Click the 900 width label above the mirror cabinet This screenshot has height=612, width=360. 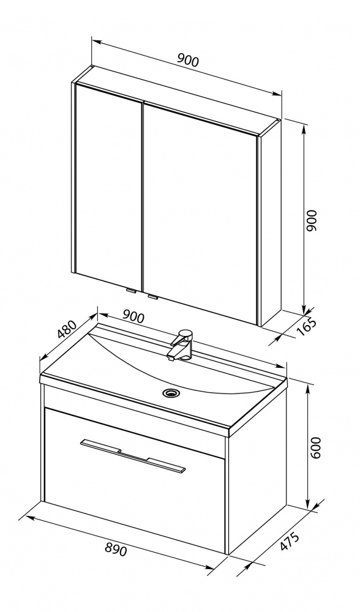pos(188,61)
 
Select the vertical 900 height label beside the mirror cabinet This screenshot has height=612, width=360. pos(312,221)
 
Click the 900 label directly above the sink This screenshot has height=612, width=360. pos(133,316)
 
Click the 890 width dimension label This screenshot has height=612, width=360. pos(116,550)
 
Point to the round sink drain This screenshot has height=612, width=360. pos(170,392)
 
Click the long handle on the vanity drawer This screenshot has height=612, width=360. pos(133,455)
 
